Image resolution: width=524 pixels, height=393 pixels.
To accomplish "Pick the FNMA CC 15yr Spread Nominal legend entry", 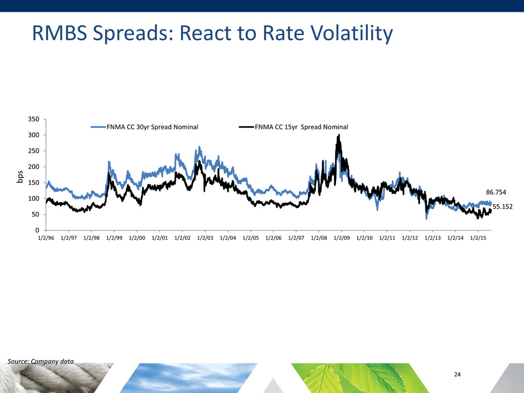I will pos(301,127).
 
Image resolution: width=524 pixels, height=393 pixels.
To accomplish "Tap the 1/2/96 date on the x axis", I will pos(46,237).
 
